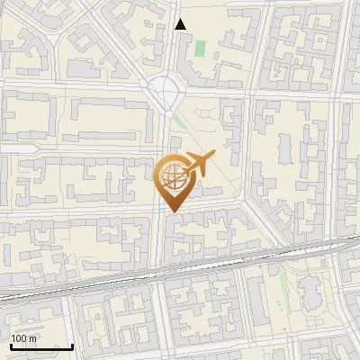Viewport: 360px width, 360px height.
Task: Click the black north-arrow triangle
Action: click(x=180, y=24)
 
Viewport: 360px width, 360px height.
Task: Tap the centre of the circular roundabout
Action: click(x=164, y=91)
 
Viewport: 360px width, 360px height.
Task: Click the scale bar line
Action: click(x=41, y=346)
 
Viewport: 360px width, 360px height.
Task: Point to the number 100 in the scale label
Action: click(x=19, y=339)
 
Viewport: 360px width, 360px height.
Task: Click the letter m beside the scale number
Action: click(x=32, y=339)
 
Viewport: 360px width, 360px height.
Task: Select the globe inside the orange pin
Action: click(x=171, y=175)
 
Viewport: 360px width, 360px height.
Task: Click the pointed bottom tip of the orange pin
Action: click(x=172, y=211)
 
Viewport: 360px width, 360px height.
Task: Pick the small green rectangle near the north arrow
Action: click(x=200, y=47)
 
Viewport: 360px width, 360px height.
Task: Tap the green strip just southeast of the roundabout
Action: click(x=181, y=120)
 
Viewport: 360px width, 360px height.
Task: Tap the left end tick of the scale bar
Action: click(x=12, y=346)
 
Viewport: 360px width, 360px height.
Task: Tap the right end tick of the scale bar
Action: click(x=72, y=346)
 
